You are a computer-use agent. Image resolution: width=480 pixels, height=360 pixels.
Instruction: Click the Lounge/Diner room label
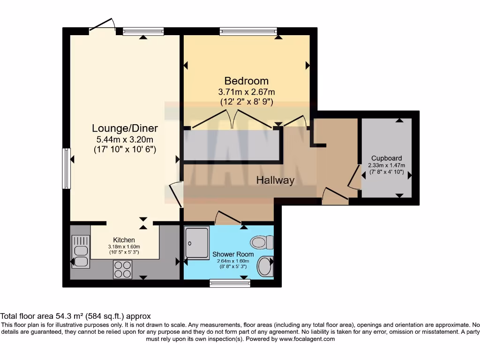click(125, 128)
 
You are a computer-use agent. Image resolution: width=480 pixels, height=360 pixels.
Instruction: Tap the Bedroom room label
click(246, 81)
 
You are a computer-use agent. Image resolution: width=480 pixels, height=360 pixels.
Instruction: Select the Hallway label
click(275, 180)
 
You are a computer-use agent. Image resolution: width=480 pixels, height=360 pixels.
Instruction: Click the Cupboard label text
click(387, 158)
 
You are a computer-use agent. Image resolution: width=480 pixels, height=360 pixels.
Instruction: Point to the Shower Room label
click(230, 255)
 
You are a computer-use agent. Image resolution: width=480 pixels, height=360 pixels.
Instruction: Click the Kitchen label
click(124, 240)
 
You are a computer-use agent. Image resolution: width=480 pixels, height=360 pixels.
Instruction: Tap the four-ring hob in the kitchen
click(123, 270)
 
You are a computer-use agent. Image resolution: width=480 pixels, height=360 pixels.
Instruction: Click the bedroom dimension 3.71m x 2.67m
click(247, 91)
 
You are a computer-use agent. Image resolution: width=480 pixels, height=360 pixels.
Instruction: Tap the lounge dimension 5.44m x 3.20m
click(125, 140)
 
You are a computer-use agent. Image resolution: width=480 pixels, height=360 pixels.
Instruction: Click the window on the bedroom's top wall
click(248, 32)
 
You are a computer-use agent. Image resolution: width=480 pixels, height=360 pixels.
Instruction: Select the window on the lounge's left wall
click(67, 169)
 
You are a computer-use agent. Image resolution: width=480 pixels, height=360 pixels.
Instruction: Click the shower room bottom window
click(230, 283)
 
